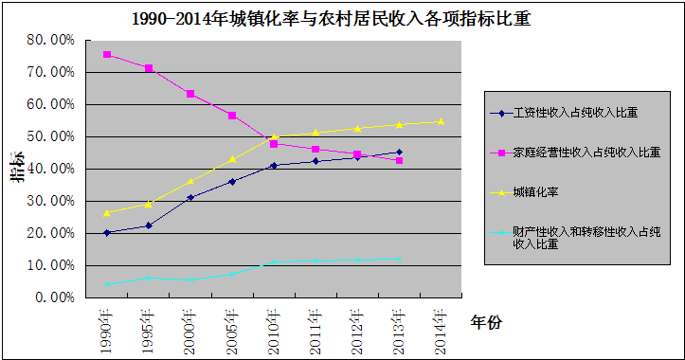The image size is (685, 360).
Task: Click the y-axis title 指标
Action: (x=18, y=167)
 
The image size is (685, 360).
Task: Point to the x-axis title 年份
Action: (x=486, y=323)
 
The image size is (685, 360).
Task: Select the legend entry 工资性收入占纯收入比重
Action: (x=574, y=113)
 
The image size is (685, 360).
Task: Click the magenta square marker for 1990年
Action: (x=107, y=55)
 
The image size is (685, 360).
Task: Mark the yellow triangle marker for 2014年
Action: (x=441, y=121)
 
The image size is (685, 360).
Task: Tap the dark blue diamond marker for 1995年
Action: (x=149, y=225)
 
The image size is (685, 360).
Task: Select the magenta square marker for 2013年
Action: (x=399, y=161)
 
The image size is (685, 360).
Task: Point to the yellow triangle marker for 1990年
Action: (x=107, y=212)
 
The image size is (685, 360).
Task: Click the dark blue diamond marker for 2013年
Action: (x=399, y=152)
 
